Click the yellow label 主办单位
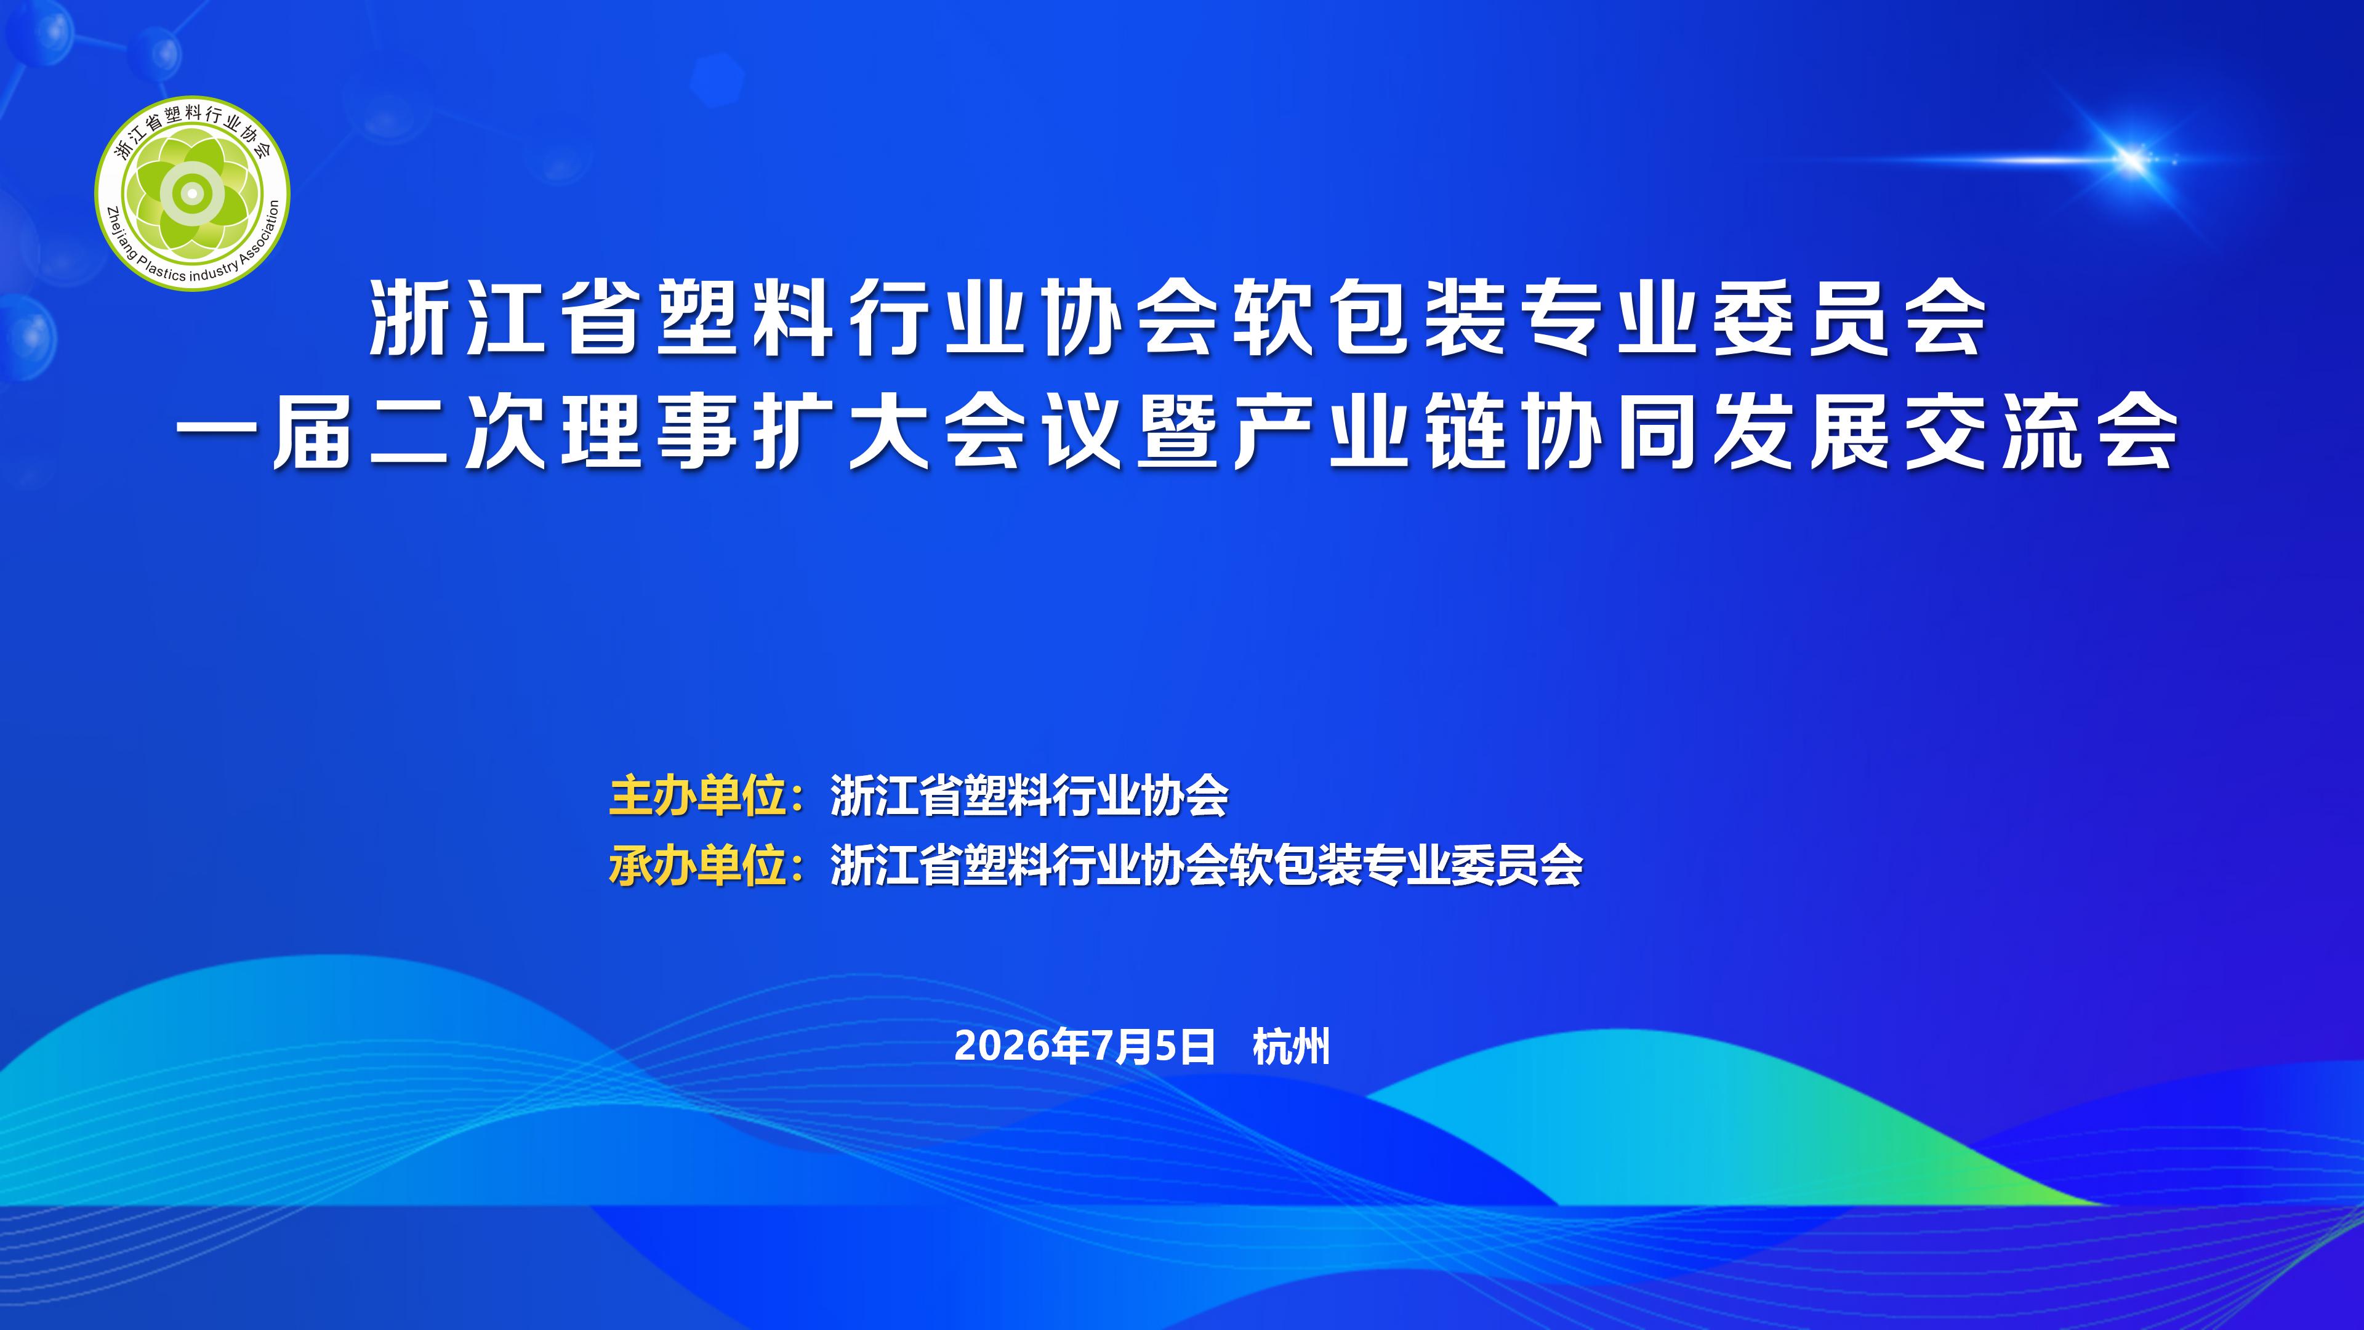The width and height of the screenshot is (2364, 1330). (x=698, y=796)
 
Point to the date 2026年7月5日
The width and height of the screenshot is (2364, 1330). (x=1085, y=1046)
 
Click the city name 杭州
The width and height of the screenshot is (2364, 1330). (x=1291, y=1046)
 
